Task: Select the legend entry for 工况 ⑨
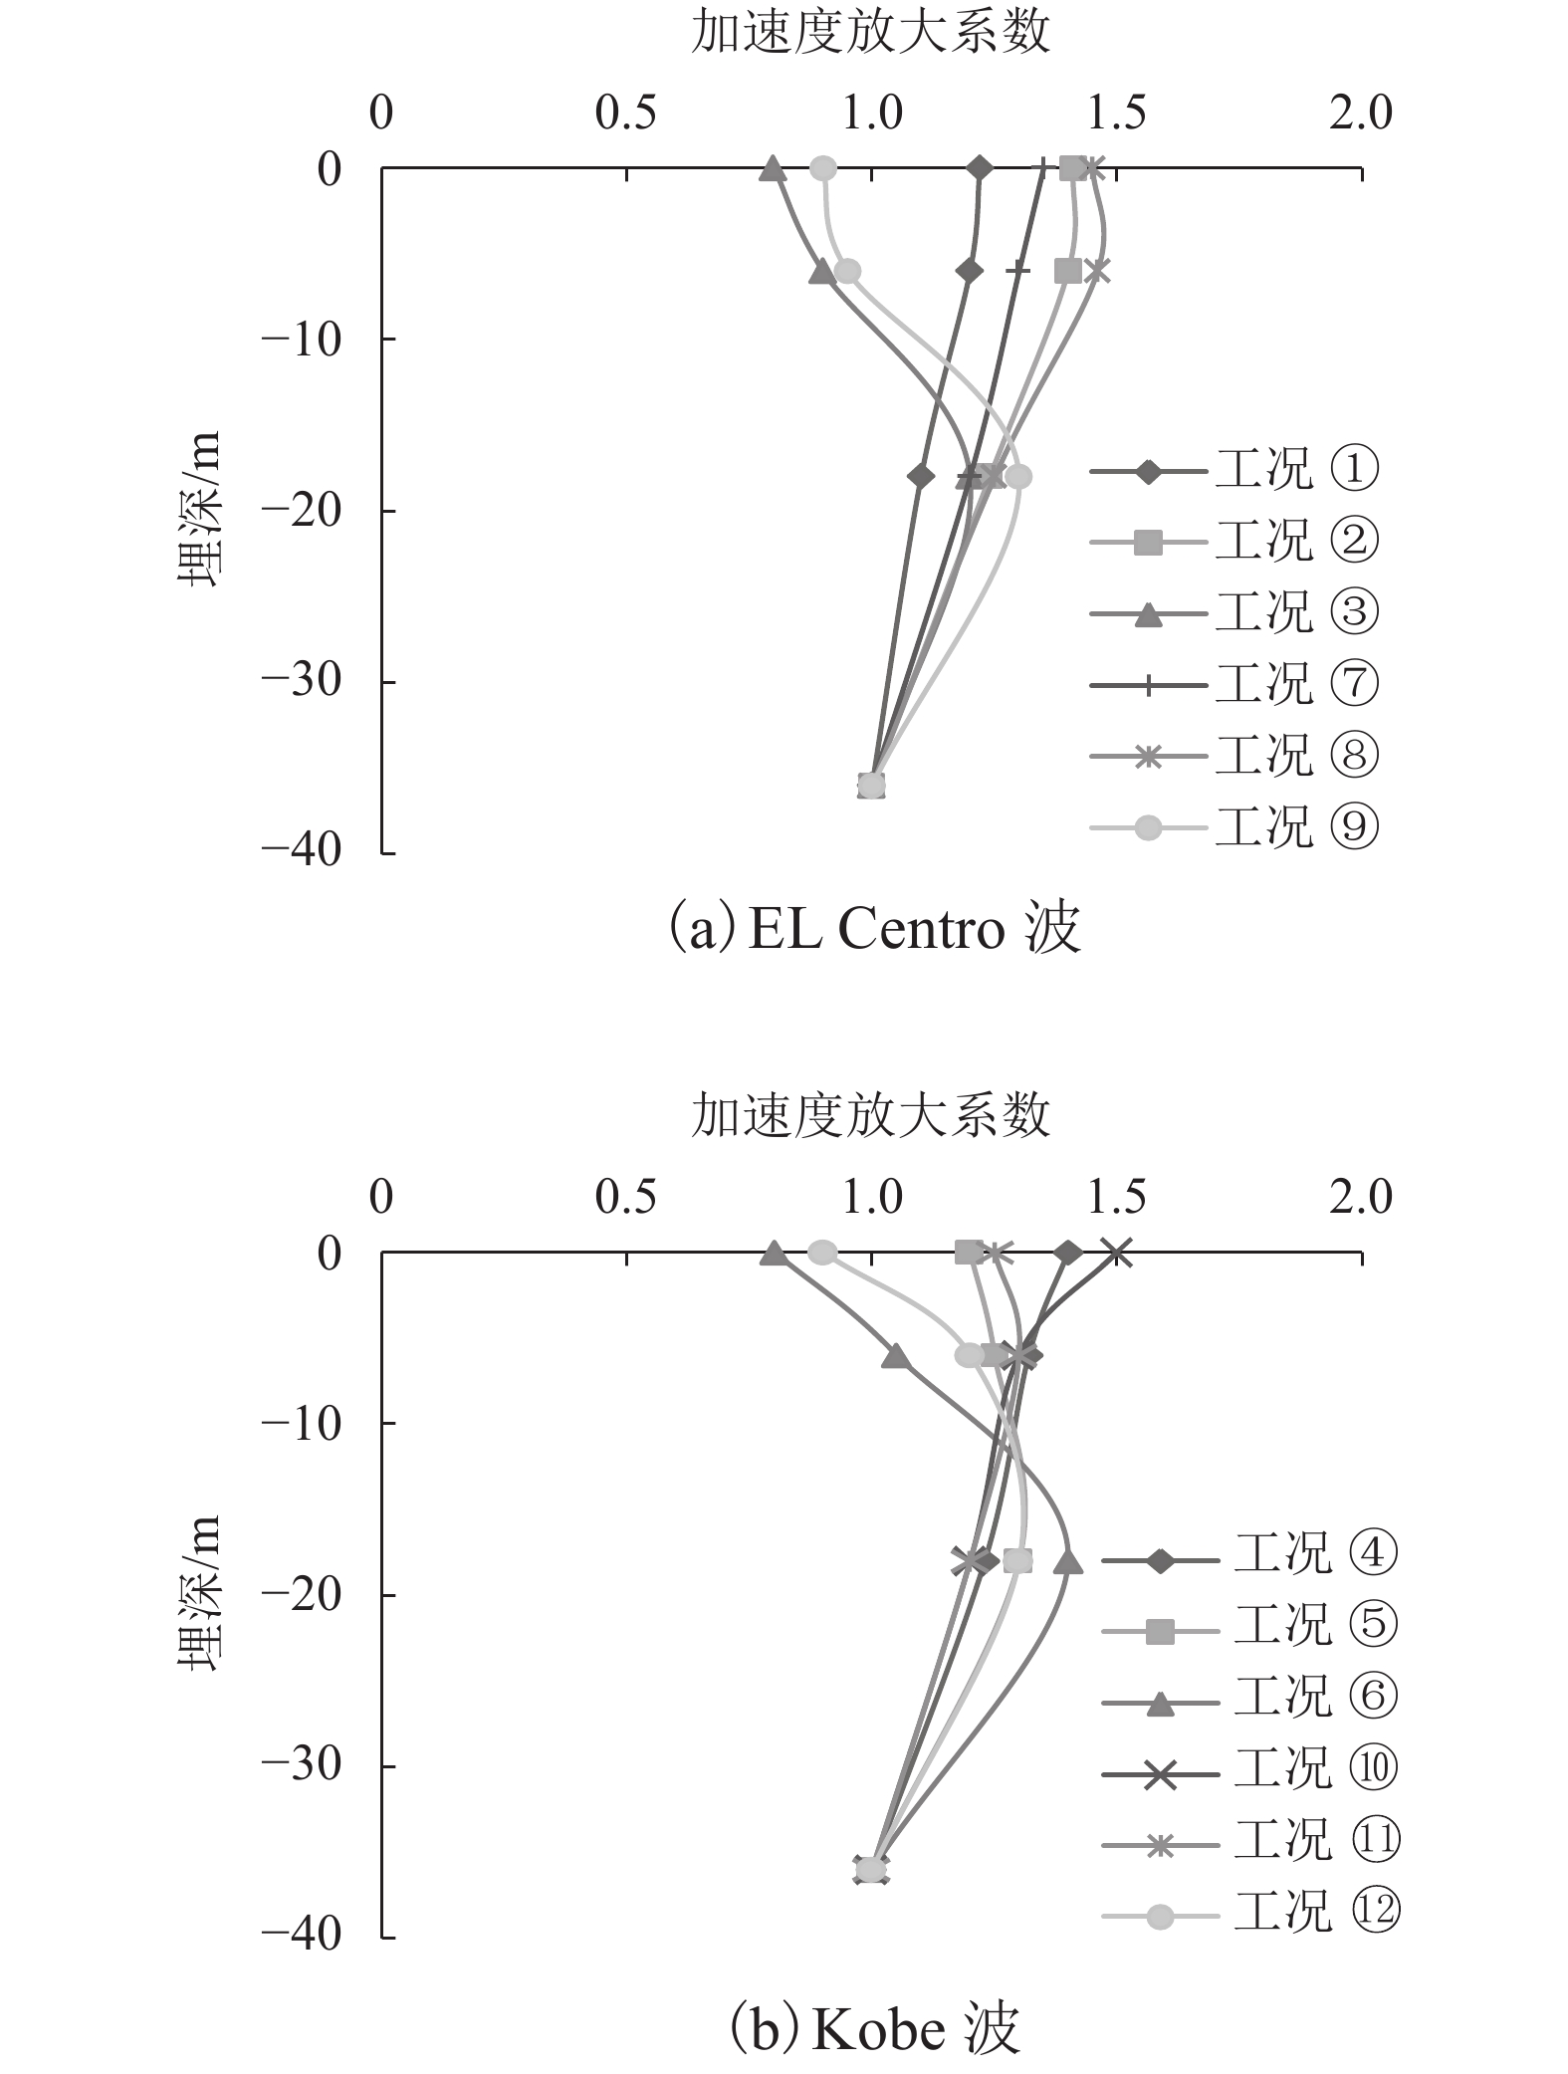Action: [x=1234, y=826]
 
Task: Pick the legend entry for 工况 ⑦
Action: [x=1234, y=685]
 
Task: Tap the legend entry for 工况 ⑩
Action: [x=1249, y=1767]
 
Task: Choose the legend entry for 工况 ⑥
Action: [x=1249, y=1697]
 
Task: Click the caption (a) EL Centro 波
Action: [x=873, y=930]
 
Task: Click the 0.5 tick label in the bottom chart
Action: [x=626, y=1198]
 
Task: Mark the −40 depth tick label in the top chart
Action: [x=302, y=852]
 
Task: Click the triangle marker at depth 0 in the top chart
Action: [x=773, y=170]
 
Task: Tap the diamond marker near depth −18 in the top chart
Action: [x=921, y=477]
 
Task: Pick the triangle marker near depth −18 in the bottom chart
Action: [x=1068, y=1561]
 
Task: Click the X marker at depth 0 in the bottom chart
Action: [x=1118, y=1254]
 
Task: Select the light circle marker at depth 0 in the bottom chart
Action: [x=822, y=1253]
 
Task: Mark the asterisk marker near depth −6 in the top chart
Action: [x=1096, y=271]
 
